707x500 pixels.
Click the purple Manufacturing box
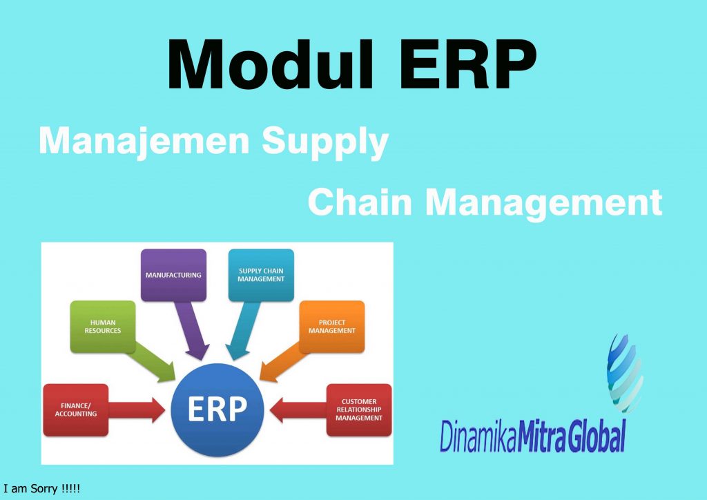pyautogui.click(x=173, y=275)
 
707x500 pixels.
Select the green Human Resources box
pyautogui.click(x=103, y=326)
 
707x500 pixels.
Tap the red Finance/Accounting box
pyautogui.click(x=76, y=410)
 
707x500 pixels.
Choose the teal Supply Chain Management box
pyautogui.click(x=261, y=275)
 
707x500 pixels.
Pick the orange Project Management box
pyautogui.click(x=331, y=326)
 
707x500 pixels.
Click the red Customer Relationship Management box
pyautogui.click(x=359, y=410)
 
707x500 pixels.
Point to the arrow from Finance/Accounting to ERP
pyautogui.click(x=137, y=410)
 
